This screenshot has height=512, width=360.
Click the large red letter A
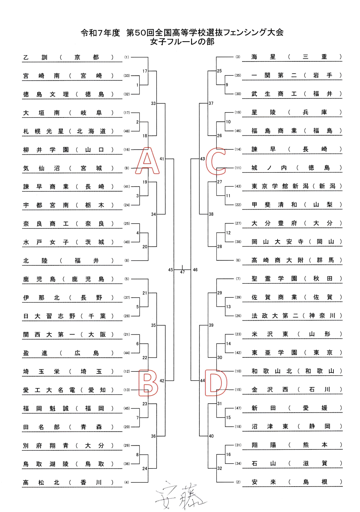pos(147,161)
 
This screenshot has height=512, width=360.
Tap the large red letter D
pos(216,383)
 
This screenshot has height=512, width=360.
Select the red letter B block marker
pos(148,383)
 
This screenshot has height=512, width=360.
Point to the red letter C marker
pos(216,161)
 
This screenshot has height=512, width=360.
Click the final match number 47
pos(182,272)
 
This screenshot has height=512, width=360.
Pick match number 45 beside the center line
pos(171,270)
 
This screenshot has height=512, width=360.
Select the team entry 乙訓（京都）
pos(68,57)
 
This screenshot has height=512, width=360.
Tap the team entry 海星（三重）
pos(296,57)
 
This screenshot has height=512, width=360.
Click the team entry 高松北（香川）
pos(68,482)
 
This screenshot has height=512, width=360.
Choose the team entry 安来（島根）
pos(296,482)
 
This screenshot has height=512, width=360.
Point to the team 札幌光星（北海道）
pos(68,131)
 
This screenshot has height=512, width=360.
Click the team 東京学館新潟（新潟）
pos(296,186)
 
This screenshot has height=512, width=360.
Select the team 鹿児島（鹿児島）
pos(68,279)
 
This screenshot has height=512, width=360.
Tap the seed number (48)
pos(127,131)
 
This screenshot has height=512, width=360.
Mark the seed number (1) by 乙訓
pos(127,57)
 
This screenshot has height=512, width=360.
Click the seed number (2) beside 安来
pos(238,482)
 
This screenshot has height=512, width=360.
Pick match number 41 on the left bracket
pos(162,159)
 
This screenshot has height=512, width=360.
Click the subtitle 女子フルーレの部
pos(182,42)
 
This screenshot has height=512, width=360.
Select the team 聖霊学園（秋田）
pos(296,279)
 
